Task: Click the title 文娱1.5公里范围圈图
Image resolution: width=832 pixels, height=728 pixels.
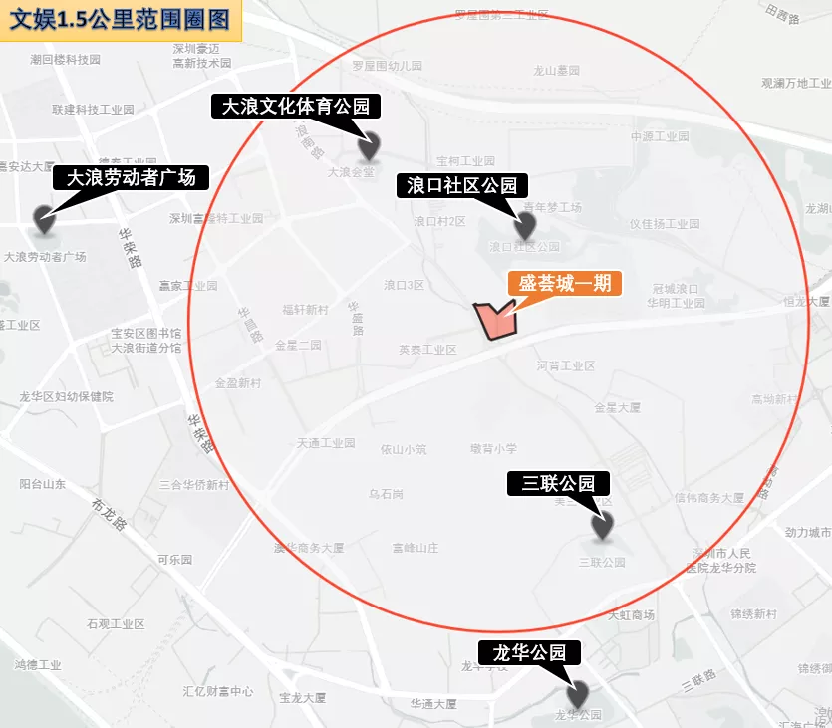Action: (x=120, y=20)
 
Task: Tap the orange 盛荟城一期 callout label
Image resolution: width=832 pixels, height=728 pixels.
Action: (x=565, y=283)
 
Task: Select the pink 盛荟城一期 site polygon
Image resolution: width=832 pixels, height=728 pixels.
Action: (x=493, y=320)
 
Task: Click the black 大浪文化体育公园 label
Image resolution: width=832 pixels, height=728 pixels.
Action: (x=295, y=106)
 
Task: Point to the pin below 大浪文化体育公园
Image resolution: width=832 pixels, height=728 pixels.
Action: (x=369, y=146)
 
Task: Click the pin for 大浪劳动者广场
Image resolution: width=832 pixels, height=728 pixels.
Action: (x=44, y=219)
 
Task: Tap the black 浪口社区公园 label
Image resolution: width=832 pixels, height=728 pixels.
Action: (x=461, y=185)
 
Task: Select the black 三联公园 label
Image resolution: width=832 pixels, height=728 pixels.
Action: (x=558, y=484)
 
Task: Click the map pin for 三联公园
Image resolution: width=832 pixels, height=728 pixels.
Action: (x=602, y=524)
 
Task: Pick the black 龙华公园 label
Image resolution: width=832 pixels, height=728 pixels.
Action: (x=528, y=653)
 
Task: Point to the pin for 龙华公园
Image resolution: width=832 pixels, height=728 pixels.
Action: (x=577, y=693)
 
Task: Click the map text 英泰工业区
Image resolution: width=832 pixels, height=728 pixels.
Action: (x=427, y=350)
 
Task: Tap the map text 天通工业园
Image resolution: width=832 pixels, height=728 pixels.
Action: (x=326, y=443)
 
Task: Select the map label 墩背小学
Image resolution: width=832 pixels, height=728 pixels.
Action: (x=493, y=449)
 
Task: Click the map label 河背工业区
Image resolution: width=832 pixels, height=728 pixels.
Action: (x=565, y=365)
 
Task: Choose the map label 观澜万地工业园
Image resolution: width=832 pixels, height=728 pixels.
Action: (x=795, y=84)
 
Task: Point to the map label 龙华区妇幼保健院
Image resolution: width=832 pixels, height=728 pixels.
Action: (x=66, y=396)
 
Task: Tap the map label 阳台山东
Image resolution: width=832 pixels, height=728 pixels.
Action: (x=43, y=485)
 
